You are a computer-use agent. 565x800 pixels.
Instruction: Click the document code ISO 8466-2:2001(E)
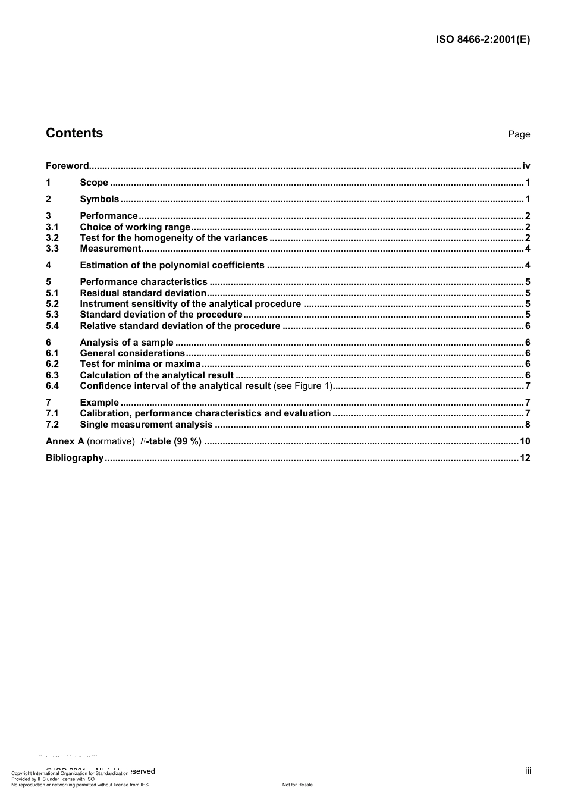click(x=483, y=40)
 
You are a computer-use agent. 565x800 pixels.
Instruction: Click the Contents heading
click(x=74, y=133)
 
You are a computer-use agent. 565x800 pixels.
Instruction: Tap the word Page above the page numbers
click(x=519, y=134)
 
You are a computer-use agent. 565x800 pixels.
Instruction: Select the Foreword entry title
click(x=67, y=166)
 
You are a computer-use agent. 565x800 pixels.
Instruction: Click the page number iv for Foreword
click(x=526, y=166)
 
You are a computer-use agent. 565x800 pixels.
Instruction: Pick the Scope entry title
click(x=94, y=183)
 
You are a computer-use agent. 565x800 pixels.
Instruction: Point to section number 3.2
click(x=52, y=238)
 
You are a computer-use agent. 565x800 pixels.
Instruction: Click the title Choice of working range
click(x=135, y=227)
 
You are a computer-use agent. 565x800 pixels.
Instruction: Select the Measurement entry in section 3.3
click(x=111, y=249)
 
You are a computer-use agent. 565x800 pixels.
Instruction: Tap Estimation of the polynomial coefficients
click(x=172, y=265)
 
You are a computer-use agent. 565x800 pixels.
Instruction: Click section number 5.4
click(x=52, y=326)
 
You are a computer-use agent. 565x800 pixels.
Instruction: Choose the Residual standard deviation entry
click(x=143, y=293)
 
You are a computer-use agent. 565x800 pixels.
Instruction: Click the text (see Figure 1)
click(x=302, y=386)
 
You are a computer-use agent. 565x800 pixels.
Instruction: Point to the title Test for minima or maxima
click(x=140, y=364)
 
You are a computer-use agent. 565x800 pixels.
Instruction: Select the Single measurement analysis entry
click(x=146, y=425)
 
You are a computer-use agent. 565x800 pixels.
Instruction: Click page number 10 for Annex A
click(x=525, y=441)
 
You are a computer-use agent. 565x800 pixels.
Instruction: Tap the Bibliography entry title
click(x=74, y=458)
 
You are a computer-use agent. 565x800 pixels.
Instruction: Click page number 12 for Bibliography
click(x=525, y=458)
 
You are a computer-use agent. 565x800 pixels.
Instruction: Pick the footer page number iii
click(x=528, y=771)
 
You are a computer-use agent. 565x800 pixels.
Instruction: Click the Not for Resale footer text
click(x=297, y=785)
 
